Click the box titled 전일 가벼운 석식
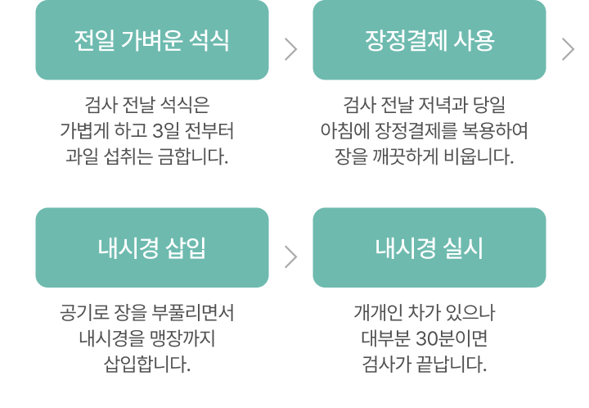[x=151, y=40]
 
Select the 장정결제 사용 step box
[x=429, y=40]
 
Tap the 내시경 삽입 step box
[x=151, y=247]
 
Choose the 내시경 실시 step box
[x=429, y=247]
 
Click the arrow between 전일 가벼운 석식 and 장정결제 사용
[x=290, y=49]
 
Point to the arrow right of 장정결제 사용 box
[x=569, y=49]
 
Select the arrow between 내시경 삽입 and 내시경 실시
[x=290, y=256]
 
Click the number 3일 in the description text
[x=167, y=130]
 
